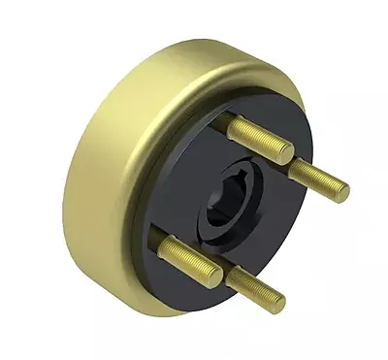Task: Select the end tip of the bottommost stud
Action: coord(277,305)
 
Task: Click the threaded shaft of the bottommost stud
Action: coord(254,289)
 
